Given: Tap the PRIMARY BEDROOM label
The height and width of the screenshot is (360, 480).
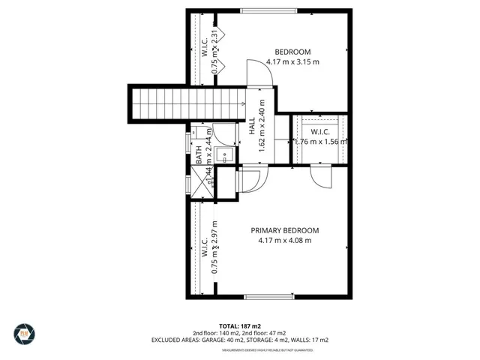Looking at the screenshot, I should tap(284, 230).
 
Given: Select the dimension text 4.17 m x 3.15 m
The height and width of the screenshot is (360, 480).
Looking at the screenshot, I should tap(288, 61).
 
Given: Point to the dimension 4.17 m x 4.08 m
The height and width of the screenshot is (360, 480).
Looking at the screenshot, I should tap(284, 240).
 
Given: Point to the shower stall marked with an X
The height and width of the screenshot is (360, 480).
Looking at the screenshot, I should tap(200, 181).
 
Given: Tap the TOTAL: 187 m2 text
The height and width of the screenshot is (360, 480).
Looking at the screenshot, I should tap(240, 326).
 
